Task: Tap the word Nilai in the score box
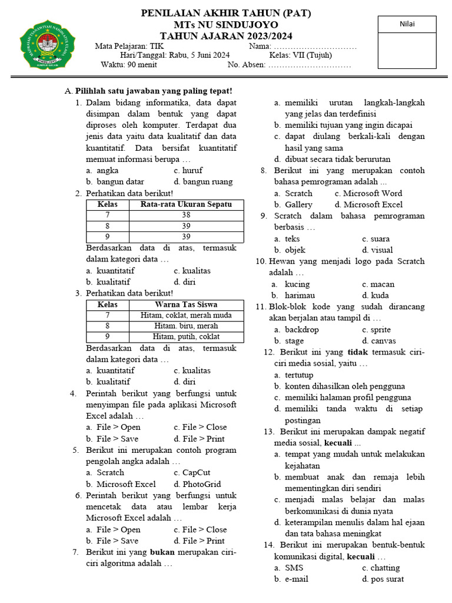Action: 407,24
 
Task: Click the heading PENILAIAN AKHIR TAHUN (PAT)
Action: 225,14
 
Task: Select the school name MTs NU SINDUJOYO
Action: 225,25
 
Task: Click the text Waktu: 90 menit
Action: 129,65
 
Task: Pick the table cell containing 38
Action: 186,215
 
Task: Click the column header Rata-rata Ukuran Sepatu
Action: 186,204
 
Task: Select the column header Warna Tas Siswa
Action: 186,304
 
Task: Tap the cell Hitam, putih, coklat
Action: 186,337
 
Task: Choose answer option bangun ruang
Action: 203,181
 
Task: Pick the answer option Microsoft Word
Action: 368,193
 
